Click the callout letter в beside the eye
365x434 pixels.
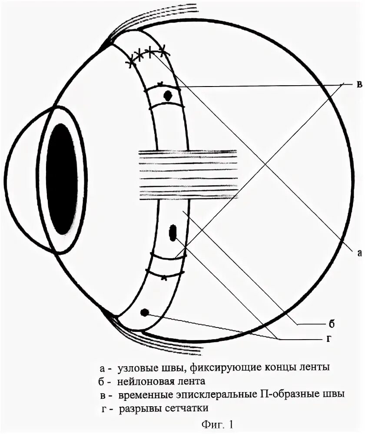(359, 84)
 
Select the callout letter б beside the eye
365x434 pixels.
(331, 324)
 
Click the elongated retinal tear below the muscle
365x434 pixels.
(173, 232)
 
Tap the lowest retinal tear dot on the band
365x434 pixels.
(145, 312)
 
